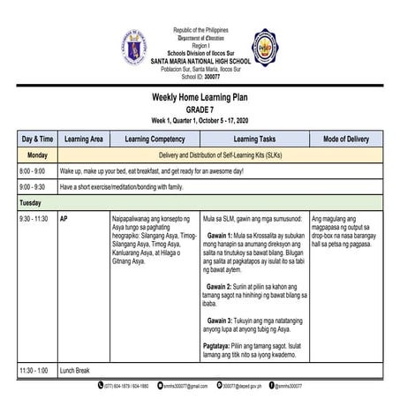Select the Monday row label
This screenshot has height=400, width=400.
tap(34, 154)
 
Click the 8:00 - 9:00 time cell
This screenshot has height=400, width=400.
tap(34, 170)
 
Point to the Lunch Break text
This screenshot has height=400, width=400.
tap(80, 371)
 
